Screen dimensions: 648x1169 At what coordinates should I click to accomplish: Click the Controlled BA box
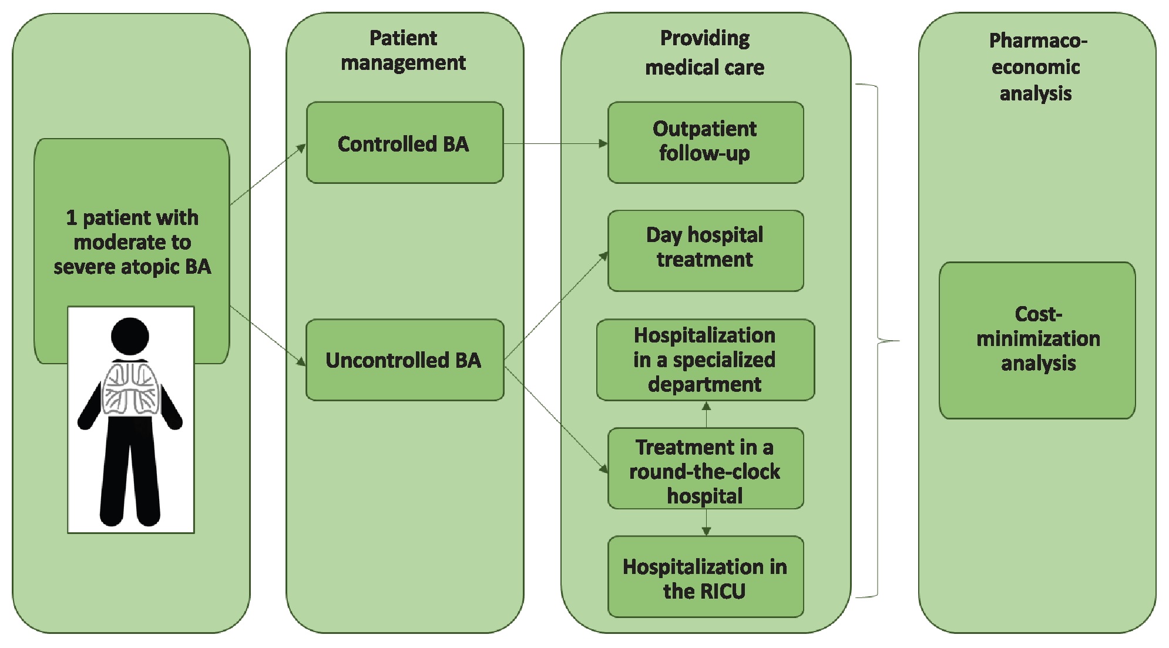pyautogui.click(x=404, y=143)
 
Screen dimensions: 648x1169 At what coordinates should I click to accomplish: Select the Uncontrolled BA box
pyautogui.click(x=404, y=360)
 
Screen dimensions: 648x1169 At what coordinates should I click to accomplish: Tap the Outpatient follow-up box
pyautogui.click(x=705, y=142)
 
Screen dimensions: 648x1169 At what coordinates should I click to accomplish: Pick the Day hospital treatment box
pyautogui.click(x=705, y=250)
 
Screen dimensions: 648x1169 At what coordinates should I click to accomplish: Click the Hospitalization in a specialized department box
pyautogui.click(x=705, y=360)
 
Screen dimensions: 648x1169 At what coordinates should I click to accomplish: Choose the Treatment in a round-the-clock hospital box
pyautogui.click(x=705, y=468)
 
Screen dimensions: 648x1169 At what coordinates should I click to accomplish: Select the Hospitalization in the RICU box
pyautogui.click(x=705, y=576)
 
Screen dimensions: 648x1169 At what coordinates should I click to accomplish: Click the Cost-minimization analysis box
pyautogui.click(x=1037, y=340)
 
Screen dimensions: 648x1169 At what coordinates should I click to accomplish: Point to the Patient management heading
pyautogui.click(x=404, y=51)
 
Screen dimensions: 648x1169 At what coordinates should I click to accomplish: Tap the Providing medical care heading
pyautogui.click(x=705, y=53)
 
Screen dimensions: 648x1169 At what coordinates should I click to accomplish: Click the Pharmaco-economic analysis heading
pyautogui.click(x=1037, y=66)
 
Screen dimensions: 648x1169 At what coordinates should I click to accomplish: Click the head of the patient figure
pyautogui.click(x=130, y=336)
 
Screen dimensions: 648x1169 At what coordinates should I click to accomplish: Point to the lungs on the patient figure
pyautogui.click(x=131, y=388)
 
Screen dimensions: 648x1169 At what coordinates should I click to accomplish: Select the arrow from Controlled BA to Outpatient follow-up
pyautogui.click(x=555, y=143)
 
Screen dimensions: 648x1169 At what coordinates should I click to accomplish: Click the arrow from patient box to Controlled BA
pyautogui.click(x=268, y=174)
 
